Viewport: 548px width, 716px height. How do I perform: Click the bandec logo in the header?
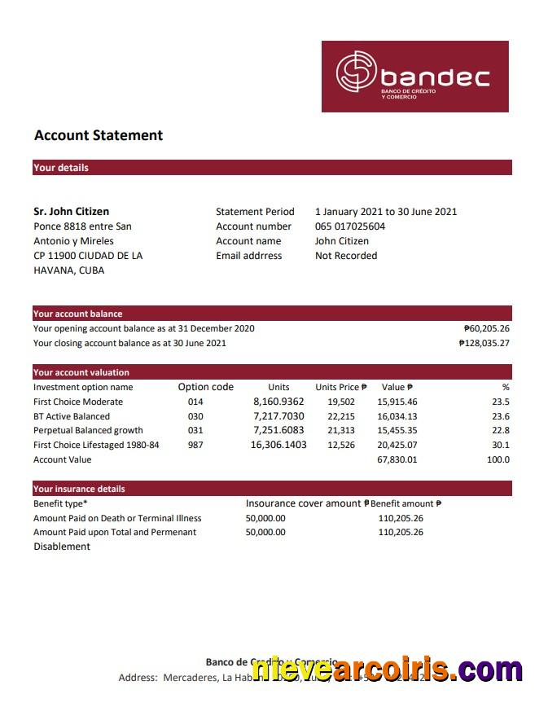coord(414,77)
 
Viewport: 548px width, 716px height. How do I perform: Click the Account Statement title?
coord(99,136)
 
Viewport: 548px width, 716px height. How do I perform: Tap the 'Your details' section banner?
coord(61,168)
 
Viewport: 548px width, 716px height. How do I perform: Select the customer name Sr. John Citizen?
coord(72,212)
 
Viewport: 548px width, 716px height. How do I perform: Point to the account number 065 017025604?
coord(350,226)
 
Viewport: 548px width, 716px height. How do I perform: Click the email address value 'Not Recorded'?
coord(346,256)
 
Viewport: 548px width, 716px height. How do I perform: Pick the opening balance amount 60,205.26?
coord(487,329)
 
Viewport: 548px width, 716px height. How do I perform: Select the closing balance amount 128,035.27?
coord(484,344)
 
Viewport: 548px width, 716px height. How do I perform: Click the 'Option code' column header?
coord(206,387)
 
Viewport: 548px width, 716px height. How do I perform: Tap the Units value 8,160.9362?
coord(278,402)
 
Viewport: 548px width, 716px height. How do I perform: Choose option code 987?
coord(195,446)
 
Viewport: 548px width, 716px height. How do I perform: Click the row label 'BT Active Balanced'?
coord(72,416)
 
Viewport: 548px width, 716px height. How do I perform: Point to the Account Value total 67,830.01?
coord(397,460)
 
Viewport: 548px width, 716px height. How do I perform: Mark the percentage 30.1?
coord(501,446)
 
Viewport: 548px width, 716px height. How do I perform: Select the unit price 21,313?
coord(341,431)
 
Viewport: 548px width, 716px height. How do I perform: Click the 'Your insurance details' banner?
coord(80,489)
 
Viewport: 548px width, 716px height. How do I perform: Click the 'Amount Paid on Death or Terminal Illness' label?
coord(117,518)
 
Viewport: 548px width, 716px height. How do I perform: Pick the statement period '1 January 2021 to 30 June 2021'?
coord(386,212)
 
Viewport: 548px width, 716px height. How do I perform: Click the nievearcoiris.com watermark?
coord(387,670)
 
